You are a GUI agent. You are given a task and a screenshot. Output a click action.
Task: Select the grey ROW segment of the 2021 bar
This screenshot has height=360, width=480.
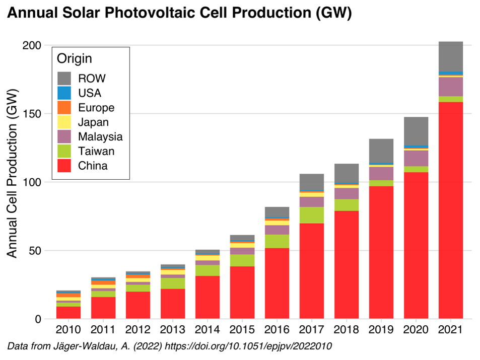tap(450, 57)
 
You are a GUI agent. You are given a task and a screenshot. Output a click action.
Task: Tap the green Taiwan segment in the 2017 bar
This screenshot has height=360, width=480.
tap(311, 215)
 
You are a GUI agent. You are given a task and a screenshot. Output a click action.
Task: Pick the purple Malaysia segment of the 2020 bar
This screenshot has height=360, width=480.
tap(416, 158)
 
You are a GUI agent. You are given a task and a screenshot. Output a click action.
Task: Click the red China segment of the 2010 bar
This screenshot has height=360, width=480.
tap(68, 312)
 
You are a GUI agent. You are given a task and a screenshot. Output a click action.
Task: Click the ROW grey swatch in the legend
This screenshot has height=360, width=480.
tap(64, 79)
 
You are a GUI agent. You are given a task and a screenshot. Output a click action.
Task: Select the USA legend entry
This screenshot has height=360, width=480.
tap(89, 93)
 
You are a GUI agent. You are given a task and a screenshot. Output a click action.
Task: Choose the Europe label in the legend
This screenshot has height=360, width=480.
tap(96, 108)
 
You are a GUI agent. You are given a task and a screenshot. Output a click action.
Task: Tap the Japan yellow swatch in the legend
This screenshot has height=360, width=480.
tap(64, 122)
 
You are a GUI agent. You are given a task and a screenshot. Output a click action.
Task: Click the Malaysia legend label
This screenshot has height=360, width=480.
tap(100, 136)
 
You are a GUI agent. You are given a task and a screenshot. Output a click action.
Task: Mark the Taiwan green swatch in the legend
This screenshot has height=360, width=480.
tap(64, 151)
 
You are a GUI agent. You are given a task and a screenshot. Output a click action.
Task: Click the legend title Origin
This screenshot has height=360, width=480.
tap(74, 58)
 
